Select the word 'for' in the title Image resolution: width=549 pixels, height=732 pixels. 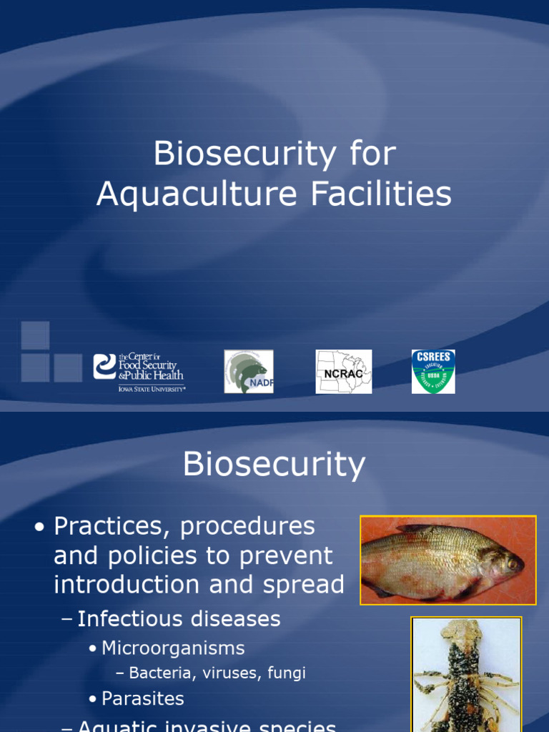pyautogui.click(x=372, y=154)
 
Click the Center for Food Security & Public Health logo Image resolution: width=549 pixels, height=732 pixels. pyautogui.click(x=139, y=370)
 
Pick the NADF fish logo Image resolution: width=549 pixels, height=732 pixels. pyautogui.click(x=248, y=372)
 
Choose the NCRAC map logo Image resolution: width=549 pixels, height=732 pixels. pyautogui.click(x=343, y=372)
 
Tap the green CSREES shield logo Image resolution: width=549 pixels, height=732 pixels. pyautogui.click(x=433, y=372)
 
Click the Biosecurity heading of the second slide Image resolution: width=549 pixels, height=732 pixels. pyautogui.click(x=274, y=464)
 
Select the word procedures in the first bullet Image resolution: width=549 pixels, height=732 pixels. pyautogui.click(x=247, y=527)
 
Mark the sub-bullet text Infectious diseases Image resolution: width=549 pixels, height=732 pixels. pyautogui.click(x=179, y=619)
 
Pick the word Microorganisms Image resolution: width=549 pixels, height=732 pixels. pyautogui.click(x=173, y=648)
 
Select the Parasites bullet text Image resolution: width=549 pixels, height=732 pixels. pyautogui.click(x=143, y=698)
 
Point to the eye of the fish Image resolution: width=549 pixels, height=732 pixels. pyautogui.click(x=512, y=563)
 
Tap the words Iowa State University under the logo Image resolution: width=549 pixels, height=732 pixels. pyautogui.click(x=152, y=389)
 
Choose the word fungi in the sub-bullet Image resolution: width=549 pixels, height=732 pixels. pyautogui.click(x=285, y=673)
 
